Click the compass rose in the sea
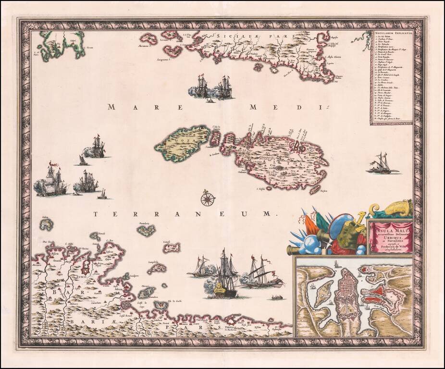point(208,198)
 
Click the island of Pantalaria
point(146,231)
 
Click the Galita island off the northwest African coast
point(46,224)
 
